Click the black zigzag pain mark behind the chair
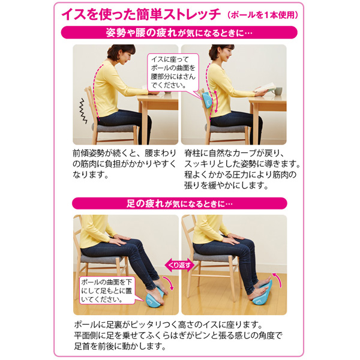coord(83,111)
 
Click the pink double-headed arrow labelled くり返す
coord(179,265)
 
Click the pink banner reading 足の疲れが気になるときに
coord(179,203)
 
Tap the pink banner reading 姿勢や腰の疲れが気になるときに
coord(179,32)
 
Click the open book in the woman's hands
coord(266,88)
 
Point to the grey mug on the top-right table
coord(278,91)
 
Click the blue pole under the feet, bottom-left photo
coord(155,298)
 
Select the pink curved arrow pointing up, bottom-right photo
coord(278,279)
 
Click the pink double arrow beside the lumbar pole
coord(216,102)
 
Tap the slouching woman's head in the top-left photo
coord(121,53)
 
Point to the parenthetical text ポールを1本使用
coord(262,15)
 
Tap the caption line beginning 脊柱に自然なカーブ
coord(235,153)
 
